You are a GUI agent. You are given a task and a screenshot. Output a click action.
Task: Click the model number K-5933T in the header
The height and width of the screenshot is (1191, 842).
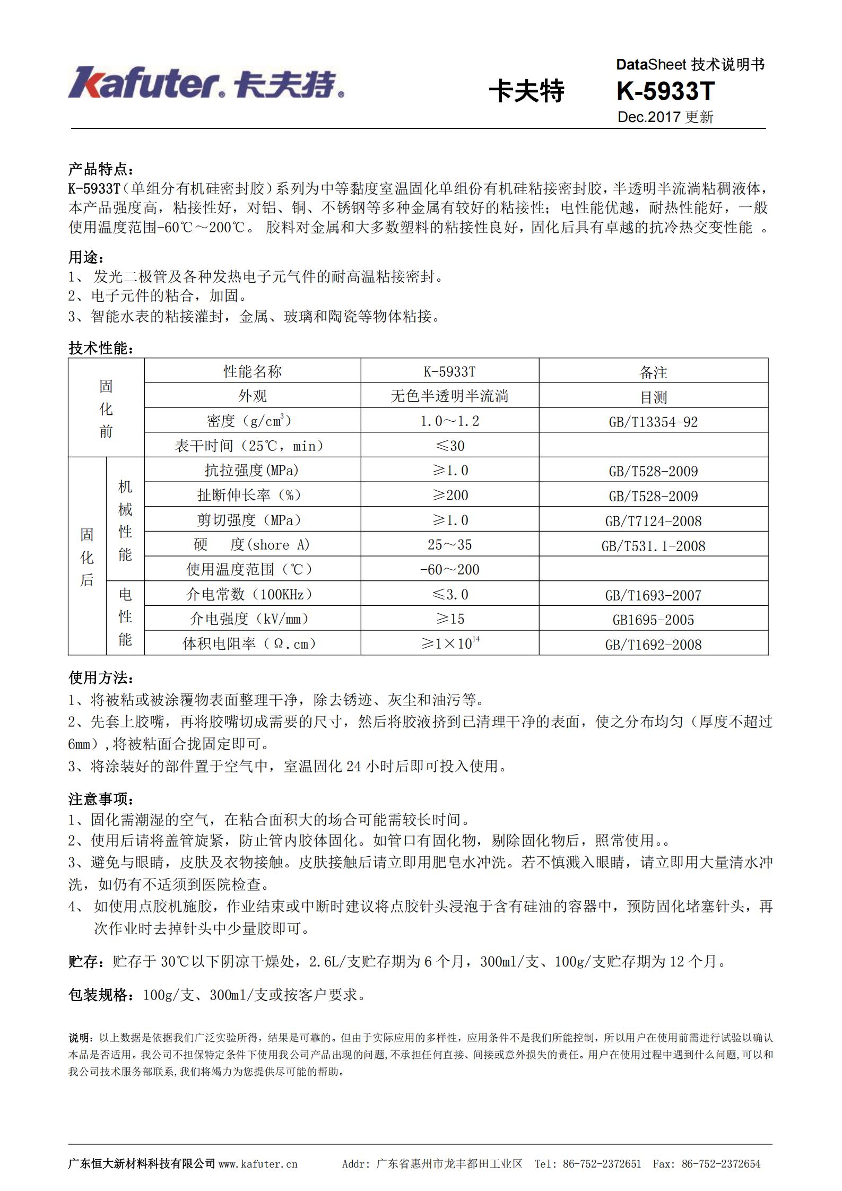coord(665,91)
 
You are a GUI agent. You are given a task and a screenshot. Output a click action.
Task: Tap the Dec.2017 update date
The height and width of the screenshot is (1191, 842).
coord(665,117)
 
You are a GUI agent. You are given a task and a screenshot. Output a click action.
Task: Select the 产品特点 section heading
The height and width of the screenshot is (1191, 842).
coord(100,169)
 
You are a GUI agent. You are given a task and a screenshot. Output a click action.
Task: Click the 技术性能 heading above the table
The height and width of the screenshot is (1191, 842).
coord(100,348)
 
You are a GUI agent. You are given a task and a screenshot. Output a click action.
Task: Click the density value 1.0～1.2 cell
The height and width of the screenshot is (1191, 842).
coord(449,421)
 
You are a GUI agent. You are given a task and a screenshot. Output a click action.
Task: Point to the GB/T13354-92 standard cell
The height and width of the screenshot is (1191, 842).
coord(653,422)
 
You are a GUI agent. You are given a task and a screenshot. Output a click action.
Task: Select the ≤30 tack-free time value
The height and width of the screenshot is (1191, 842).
coord(449,446)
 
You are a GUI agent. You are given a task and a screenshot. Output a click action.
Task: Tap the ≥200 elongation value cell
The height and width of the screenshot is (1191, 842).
coord(449,495)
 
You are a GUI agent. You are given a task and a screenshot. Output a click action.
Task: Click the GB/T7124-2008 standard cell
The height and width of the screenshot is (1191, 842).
coord(653,521)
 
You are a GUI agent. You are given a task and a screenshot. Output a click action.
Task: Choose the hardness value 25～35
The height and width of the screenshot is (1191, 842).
coord(449,545)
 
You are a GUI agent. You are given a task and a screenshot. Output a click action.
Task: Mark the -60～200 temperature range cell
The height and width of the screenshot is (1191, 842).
coord(449,570)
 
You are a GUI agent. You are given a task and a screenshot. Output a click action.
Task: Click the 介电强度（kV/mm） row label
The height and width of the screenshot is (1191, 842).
coord(249,619)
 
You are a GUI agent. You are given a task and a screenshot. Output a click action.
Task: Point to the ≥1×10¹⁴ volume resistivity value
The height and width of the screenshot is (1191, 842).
coord(449,644)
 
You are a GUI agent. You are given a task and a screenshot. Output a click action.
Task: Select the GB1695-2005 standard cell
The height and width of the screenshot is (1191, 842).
coord(653,620)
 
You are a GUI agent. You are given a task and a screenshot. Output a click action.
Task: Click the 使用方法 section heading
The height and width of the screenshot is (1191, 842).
coord(100,677)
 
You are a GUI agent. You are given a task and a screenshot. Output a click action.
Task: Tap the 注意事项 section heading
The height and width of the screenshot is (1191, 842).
coord(100,798)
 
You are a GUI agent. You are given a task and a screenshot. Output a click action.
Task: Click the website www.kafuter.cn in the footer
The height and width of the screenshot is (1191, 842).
coord(258,1164)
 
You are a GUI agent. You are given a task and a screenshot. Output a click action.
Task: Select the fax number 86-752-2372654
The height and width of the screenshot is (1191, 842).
coord(721,1164)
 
